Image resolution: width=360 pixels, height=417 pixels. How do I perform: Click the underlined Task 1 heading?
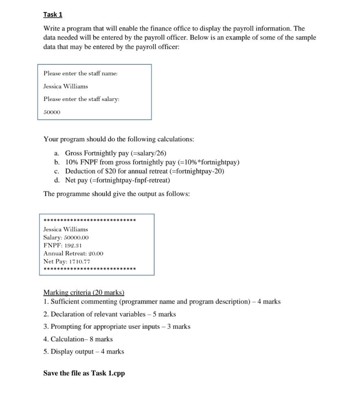pyautogui.click(x=53, y=15)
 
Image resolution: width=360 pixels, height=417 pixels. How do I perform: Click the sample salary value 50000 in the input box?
pyautogui.click(x=52, y=112)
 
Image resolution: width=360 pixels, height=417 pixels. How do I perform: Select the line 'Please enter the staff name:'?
pyautogui.click(x=80, y=73)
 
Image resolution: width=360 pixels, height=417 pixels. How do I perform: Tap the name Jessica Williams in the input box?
pyautogui.click(x=66, y=86)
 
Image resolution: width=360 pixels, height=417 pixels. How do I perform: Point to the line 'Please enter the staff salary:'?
pyautogui.click(x=81, y=99)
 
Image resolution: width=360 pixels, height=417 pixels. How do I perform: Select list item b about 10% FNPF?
pyautogui.click(x=152, y=162)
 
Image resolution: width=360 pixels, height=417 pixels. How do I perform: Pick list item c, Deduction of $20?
pyautogui.click(x=144, y=171)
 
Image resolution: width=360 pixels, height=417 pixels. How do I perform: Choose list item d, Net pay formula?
pyautogui.click(x=117, y=180)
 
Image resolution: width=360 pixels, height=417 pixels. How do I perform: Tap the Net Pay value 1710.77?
pyautogui.click(x=79, y=261)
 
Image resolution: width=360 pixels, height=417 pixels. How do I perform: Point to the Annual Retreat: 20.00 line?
pyautogui.click(x=73, y=253)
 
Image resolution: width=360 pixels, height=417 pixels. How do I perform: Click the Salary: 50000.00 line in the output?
pyautogui.click(x=66, y=237)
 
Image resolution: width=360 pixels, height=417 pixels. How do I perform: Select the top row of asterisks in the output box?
pyautogui.click(x=89, y=221)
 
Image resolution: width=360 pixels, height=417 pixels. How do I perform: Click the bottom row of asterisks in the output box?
pyautogui.click(x=89, y=269)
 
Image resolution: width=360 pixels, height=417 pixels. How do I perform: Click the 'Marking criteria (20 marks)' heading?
pyautogui.click(x=83, y=292)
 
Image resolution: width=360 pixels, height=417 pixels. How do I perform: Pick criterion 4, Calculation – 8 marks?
pyautogui.click(x=78, y=339)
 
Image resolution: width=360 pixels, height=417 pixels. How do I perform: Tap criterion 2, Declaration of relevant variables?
pyautogui.click(x=110, y=314)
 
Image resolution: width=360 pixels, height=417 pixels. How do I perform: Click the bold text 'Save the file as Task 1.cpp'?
pyautogui.click(x=84, y=373)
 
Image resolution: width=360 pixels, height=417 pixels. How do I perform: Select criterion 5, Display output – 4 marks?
pyautogui.click(x=83, y=351)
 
